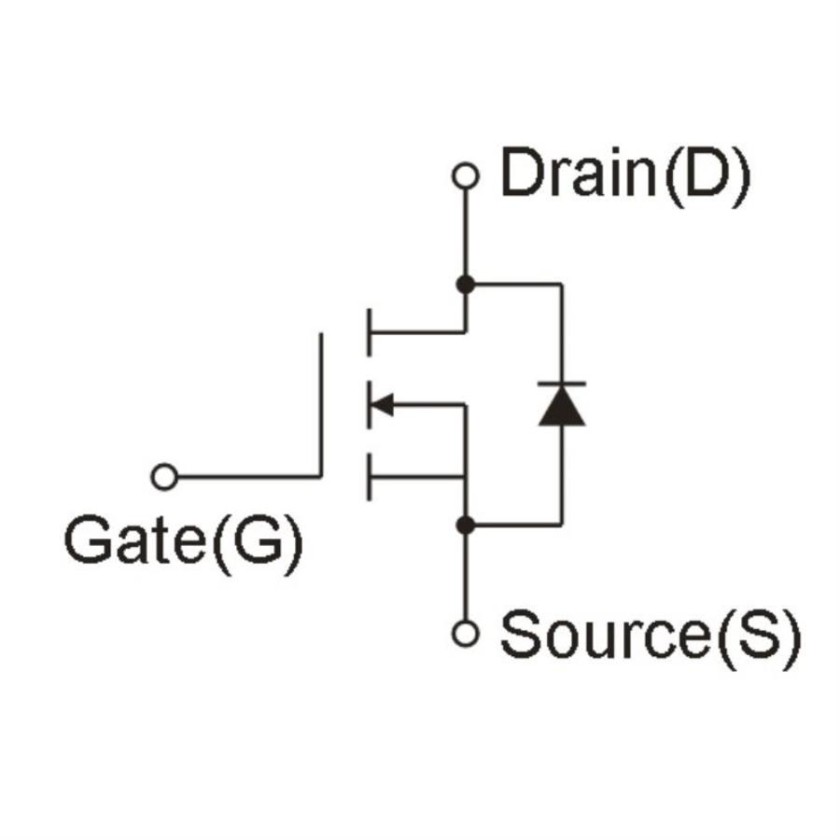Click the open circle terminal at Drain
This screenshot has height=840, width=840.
click(464, 176)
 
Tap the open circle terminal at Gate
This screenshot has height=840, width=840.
click(164, 477)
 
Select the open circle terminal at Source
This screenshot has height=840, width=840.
click(464, 634)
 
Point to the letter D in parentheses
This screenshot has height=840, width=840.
click(707, 175)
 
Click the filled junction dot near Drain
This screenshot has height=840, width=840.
click(464, 284)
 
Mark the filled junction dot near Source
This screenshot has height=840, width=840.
click(464, 525)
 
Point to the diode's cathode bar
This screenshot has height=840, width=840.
click(562, 384)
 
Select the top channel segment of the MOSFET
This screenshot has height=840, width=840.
click(370, 331)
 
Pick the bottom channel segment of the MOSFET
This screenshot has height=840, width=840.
click(370, 477)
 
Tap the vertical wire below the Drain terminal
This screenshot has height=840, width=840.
click(464, 233)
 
